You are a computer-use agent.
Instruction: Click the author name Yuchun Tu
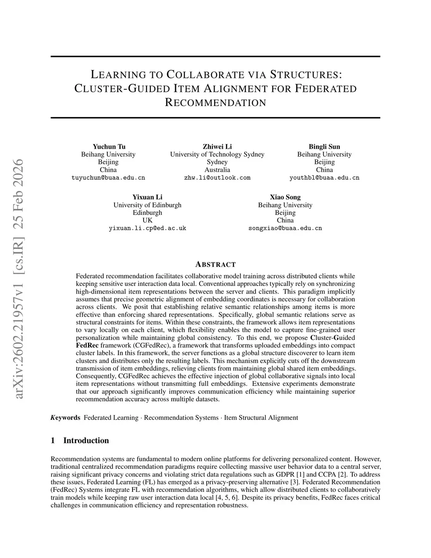pos(109,147)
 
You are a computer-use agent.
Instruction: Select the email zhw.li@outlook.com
pos(217,178)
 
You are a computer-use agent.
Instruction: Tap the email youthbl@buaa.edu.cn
pos(324,178)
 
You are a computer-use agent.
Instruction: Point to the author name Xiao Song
pos(285,197)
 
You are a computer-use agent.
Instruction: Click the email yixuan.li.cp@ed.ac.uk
pos(147,228)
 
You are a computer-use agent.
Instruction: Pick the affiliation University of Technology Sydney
pos(217,155)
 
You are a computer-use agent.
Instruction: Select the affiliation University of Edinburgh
pos(147,205)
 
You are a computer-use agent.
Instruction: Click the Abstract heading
pos(215,264)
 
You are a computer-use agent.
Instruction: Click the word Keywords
pos(65,418)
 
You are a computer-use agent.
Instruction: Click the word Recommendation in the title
pos(215,103)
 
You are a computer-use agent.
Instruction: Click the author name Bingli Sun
pos(324,147)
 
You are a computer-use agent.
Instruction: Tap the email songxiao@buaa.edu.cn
pos(285,228)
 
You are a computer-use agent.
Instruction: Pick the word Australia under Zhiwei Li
pos(217,170)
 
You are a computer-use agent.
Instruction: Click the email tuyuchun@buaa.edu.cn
pos(109,178)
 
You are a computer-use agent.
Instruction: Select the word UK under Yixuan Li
pos(147,220)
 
